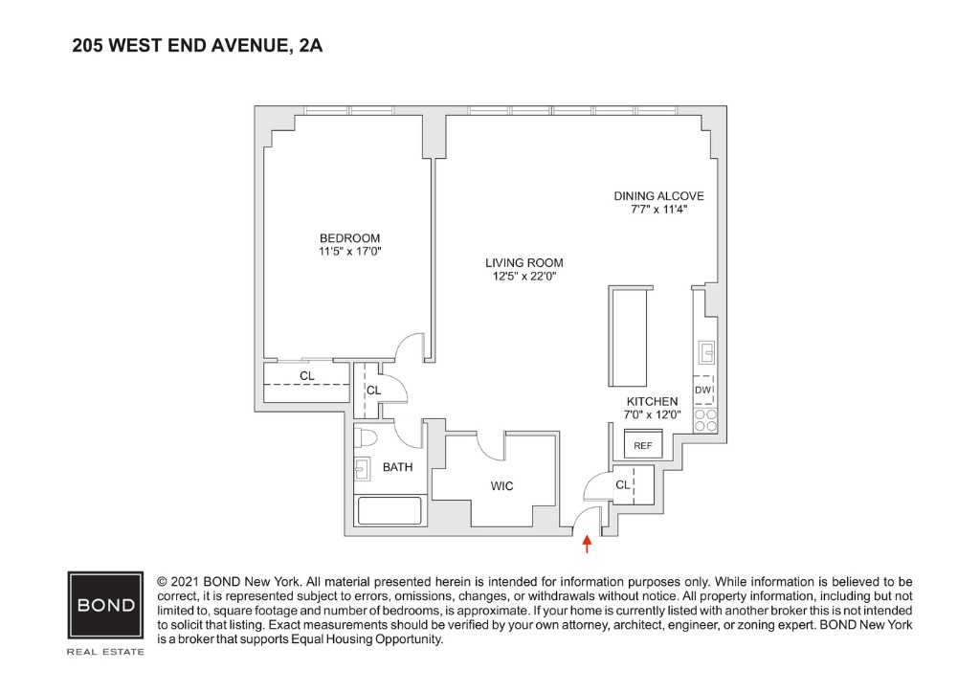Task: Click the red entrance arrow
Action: tap(588, 545)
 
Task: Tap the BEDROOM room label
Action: tap(349, 238)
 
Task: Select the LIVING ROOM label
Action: tap(523, 263)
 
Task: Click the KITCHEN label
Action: tap(652, 401)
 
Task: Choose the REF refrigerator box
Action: tap(642, 445)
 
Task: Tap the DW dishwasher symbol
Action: tap(703, 391)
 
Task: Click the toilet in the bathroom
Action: tap(366, 438)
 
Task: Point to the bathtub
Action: tap(390, 510)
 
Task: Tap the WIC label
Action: tap(501, 486)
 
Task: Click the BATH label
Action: tap(397, 468)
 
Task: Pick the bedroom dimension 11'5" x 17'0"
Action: tap(349, 252)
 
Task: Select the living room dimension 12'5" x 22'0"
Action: tap(523, 277)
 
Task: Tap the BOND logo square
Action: tap(105, 607)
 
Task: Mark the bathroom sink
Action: tap(364, 469)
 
